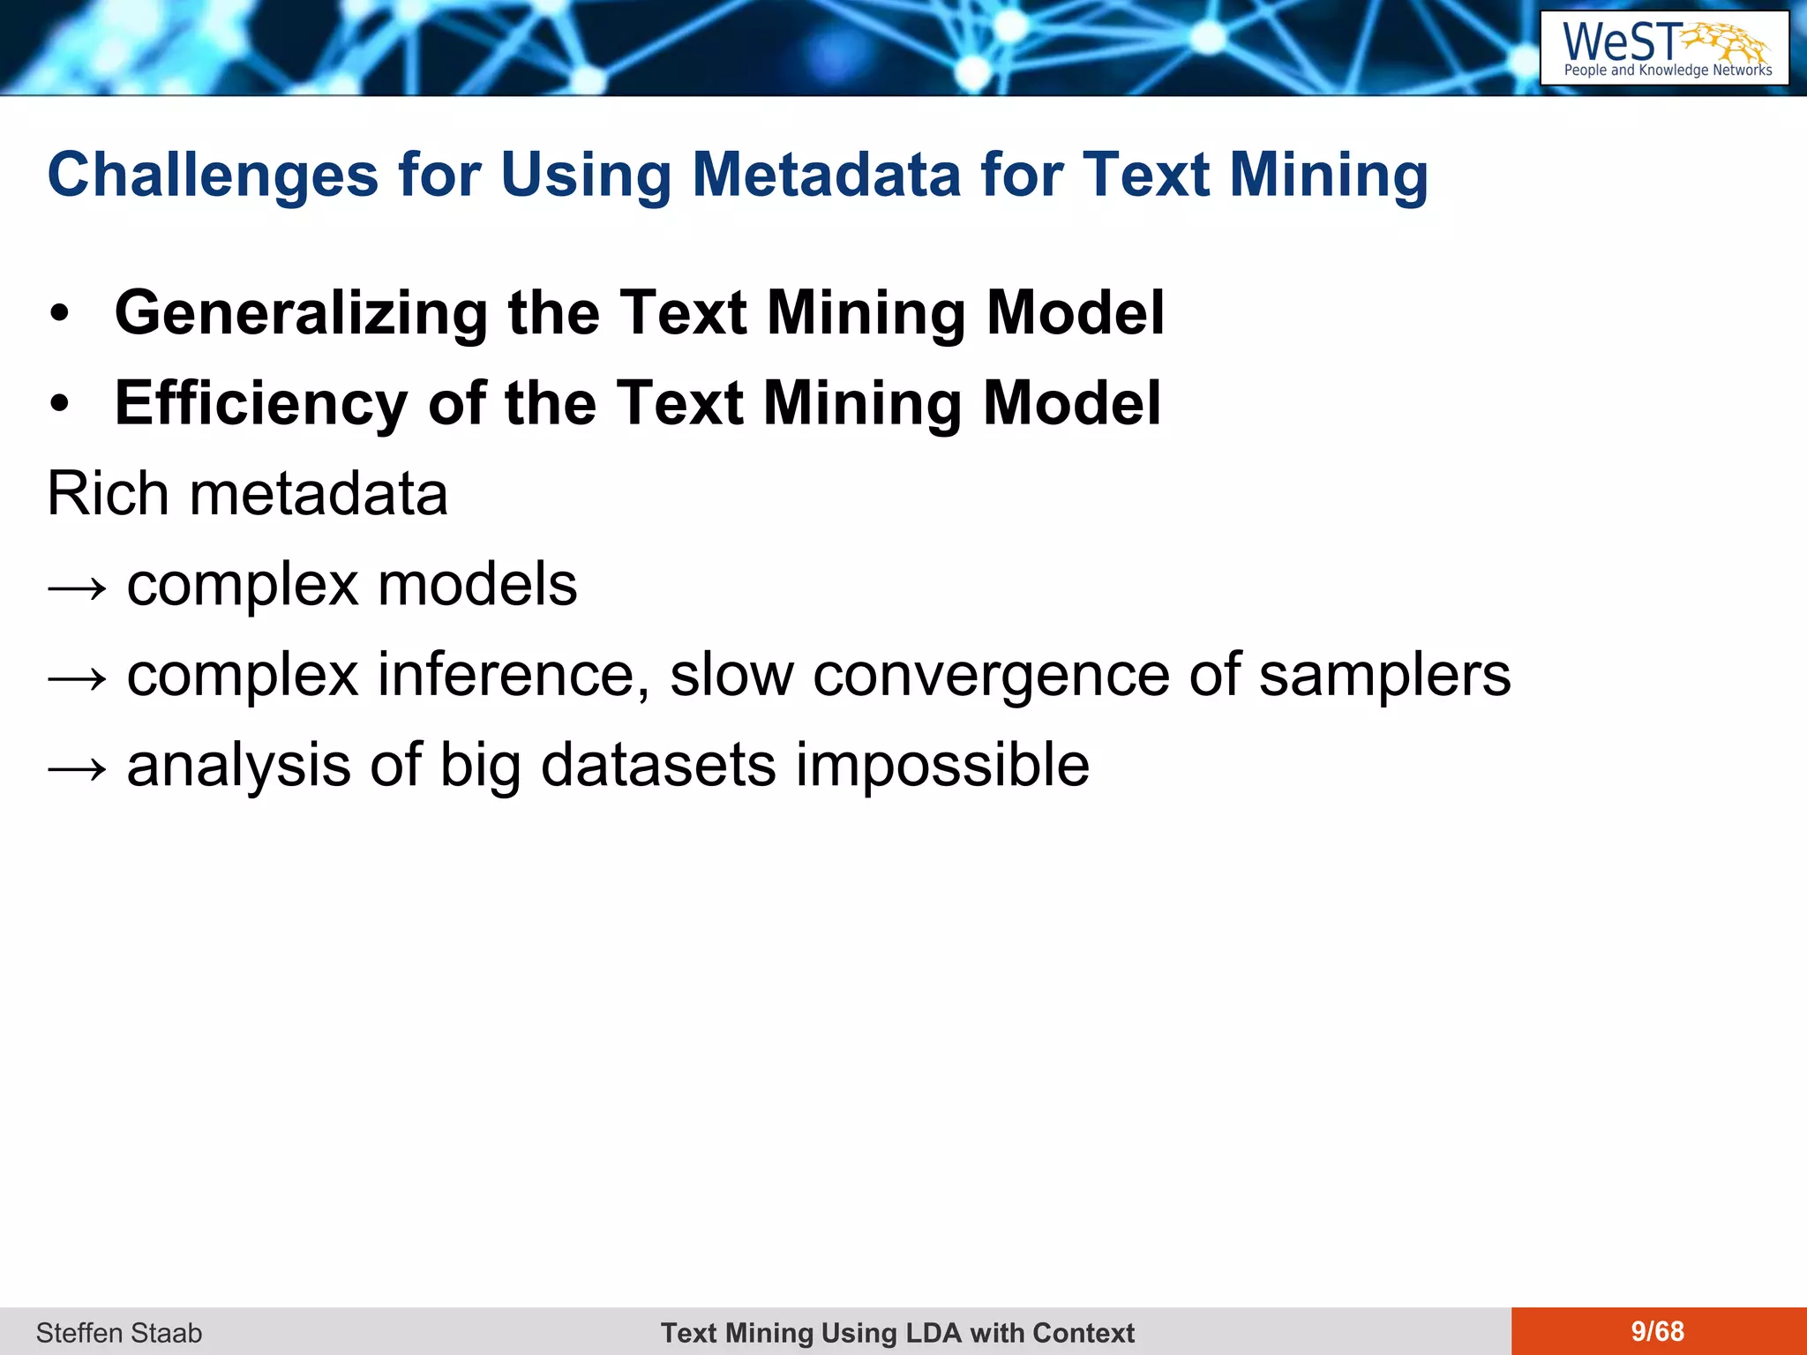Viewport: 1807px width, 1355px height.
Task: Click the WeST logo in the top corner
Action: tap(1664, 48)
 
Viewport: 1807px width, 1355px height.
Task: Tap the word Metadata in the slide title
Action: tap(827, 175)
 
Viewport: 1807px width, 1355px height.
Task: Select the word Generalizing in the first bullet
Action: tap(301, 313)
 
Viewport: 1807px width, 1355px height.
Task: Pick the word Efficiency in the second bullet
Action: tap(261, 403)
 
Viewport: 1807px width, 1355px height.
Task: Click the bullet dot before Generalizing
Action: tap(59, 314)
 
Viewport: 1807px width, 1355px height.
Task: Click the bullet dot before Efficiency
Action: tap(59, 404)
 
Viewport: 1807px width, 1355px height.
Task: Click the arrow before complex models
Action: tap(78, 587)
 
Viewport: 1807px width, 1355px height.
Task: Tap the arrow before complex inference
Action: tap(78, 677)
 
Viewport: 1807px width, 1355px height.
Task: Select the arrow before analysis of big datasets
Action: tap(78, 767)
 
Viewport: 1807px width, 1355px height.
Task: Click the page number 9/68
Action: tap(1657, 1331)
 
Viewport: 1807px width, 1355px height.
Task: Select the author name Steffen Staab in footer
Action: tap(119, 1332)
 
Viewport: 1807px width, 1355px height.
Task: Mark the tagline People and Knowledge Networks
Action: tap(1668, 71)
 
